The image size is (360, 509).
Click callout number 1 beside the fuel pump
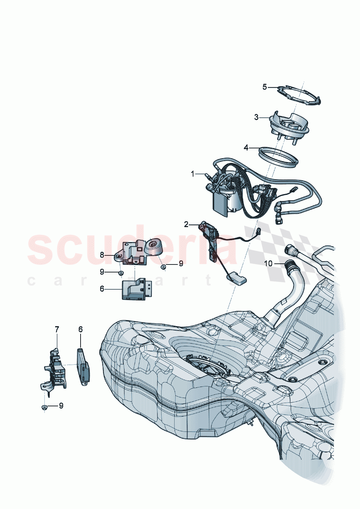tap(193, 174)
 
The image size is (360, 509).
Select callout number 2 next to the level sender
tap(186, 225)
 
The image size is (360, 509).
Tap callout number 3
tap(257, 117)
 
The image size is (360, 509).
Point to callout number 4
tap(246, 148)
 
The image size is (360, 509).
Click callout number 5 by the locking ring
tap(265, 87)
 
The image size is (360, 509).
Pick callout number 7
tap(57, 329)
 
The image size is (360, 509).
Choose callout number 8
tap(102, 255)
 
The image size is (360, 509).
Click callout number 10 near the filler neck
tap(268, 263)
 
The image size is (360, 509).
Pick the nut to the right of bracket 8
tap(164, 267)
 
